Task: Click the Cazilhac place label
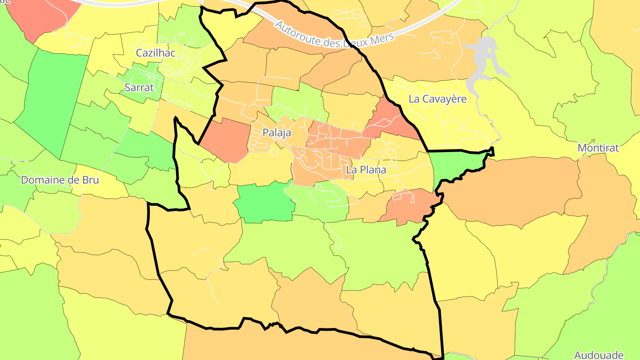pyautogui.click(x=156, y=53)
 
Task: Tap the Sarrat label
pyautogui.click(x=139, y=88)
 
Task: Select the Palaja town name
pyautogui.click(x=276, y=132)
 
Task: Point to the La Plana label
pyautogui.click(x=366, y=170)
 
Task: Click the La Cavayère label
pyautogui.click(x=437, y=99)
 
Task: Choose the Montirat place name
pyautogui.click(x=598, y=148)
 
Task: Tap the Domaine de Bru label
pyautogui.click(x=60, y=180)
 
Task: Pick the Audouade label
pyautogui.click(x=598, y=355)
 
